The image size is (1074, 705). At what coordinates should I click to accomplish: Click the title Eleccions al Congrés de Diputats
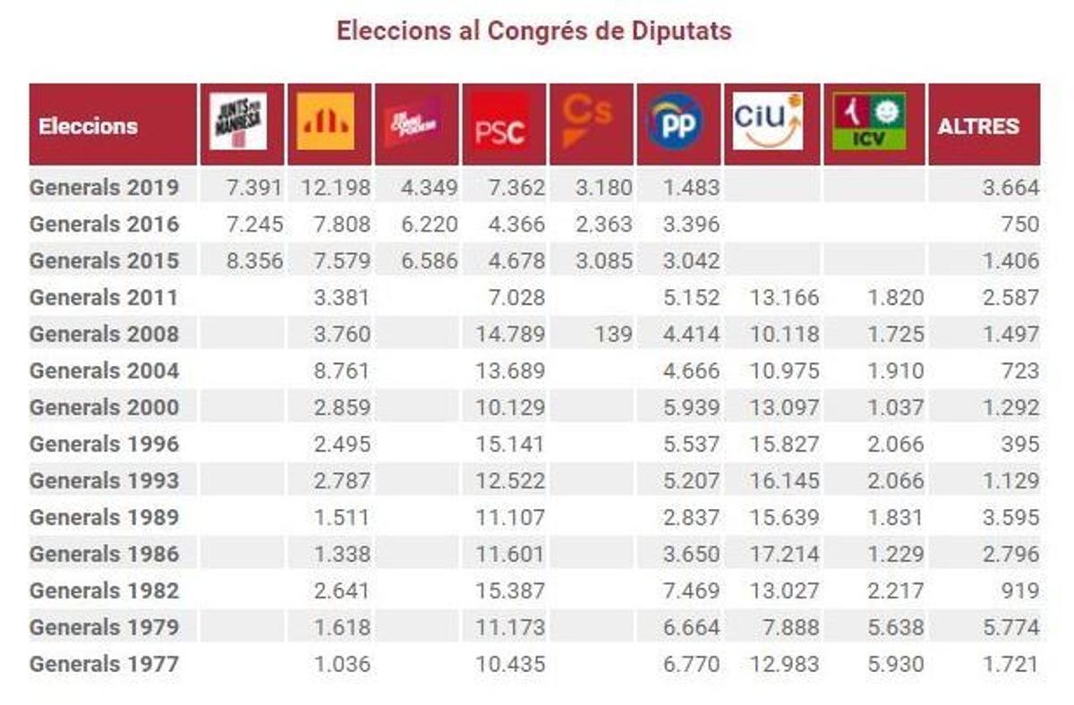coord(534,31)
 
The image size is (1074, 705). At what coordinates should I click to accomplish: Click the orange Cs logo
coord(589,121)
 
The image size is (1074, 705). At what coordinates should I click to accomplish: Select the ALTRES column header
coord(978,126)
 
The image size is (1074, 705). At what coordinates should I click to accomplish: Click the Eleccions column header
coord(89,126)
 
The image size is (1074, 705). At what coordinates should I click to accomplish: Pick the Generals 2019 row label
coord(104,188)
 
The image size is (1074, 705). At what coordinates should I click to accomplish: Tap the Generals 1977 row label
coord(104,664)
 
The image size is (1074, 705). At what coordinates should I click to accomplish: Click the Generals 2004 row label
coord(104,370)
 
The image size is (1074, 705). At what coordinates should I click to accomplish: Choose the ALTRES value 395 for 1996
coord(1020,444)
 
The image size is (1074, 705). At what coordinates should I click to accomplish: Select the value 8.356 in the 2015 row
coord(255,261)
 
